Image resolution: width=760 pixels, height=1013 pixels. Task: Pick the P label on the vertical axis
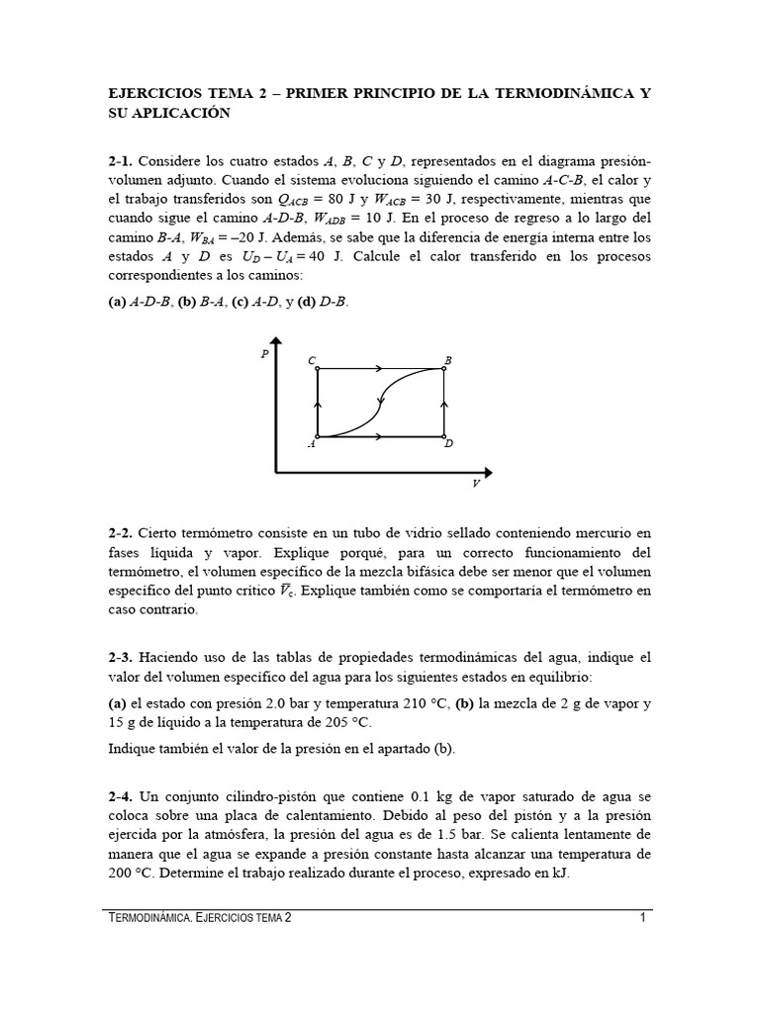click(264, 354)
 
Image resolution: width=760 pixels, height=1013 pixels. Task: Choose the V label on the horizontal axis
click(476, 483)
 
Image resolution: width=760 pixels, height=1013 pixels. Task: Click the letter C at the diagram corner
click(312, 362)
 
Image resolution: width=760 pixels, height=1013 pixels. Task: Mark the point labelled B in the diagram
click(443, 369)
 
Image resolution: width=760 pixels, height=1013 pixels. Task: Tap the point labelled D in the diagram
click(443, 436)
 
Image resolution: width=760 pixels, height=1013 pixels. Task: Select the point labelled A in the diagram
click(317, 436)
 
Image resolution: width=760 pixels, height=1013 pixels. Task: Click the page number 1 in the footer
click(642, 917)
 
